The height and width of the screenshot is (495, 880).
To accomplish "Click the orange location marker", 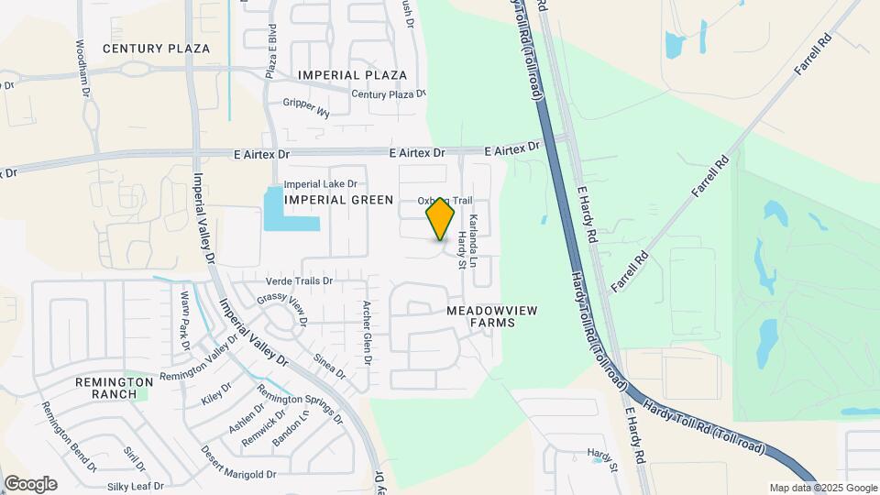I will pos(440,219).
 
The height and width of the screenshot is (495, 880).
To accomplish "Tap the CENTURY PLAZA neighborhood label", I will pos(156,49).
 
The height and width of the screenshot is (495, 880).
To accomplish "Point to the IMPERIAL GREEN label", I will pos(338,200).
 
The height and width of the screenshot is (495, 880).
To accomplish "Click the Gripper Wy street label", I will pos(306,107).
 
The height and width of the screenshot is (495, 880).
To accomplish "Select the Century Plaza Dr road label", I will pos(390,93).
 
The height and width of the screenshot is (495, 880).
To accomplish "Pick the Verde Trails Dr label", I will pos(299,280).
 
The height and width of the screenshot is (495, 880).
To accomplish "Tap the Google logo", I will pos(30,484).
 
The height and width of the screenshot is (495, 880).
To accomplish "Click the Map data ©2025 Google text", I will pos(823,488).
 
